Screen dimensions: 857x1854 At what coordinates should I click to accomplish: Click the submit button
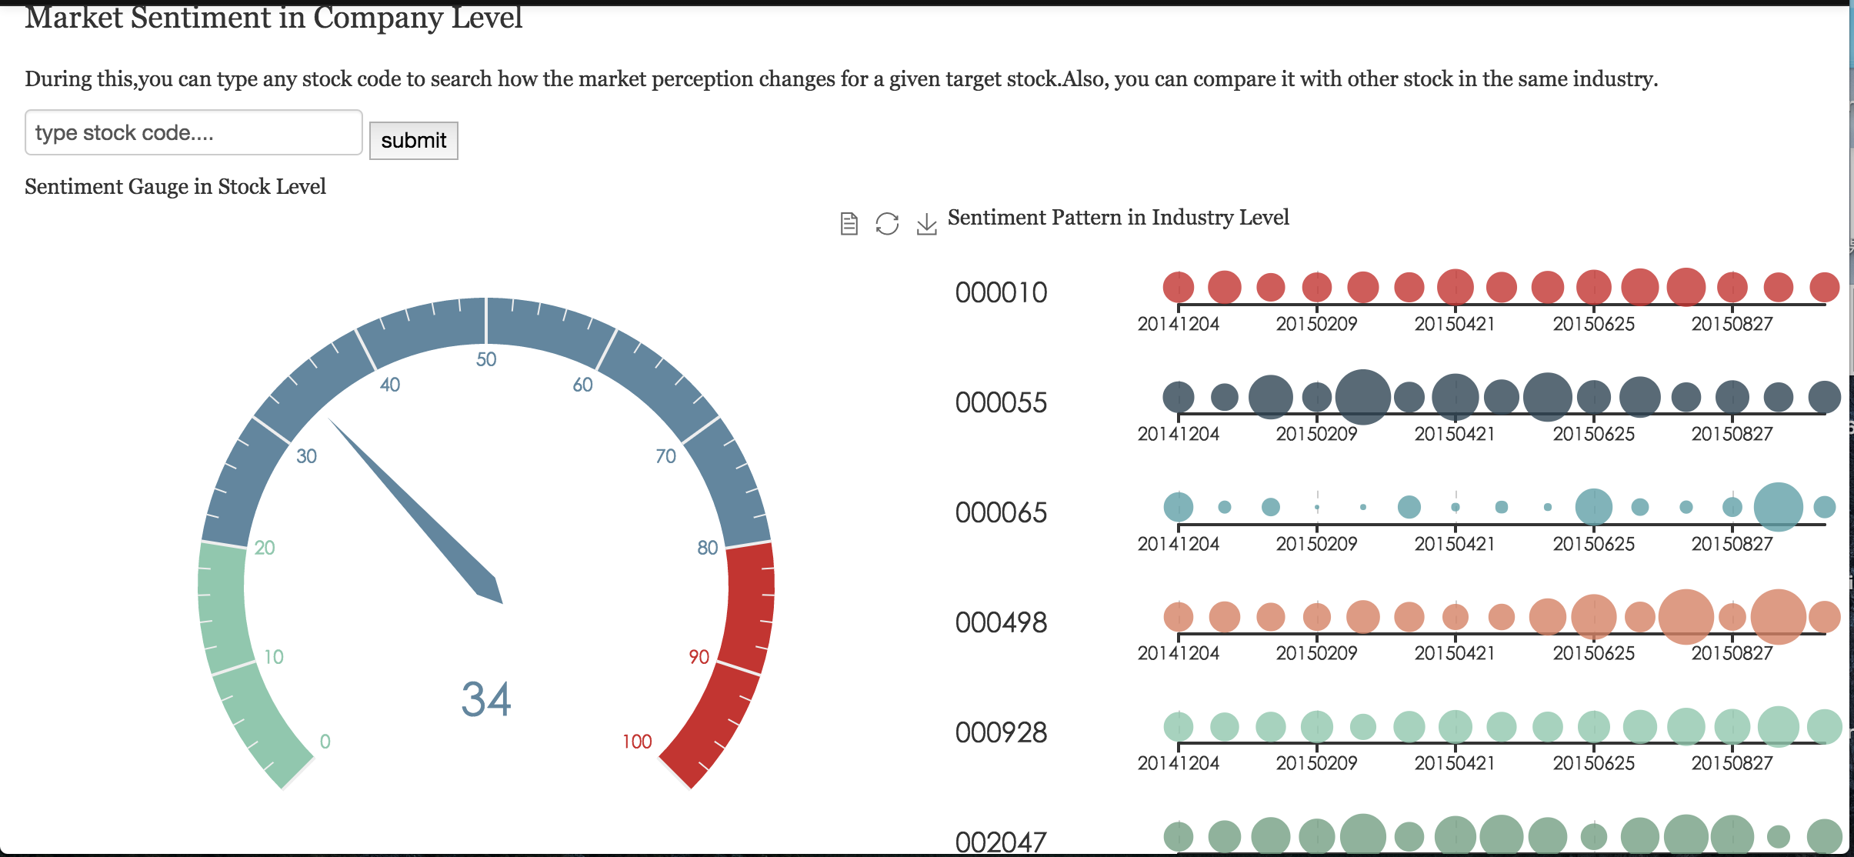pyautogui.click(x=413, y=141)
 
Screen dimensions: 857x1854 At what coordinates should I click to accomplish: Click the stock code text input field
pyautogui.click(x=193, y=132)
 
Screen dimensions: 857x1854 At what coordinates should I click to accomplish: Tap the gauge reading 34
pyautogui.click(x=486, y=699)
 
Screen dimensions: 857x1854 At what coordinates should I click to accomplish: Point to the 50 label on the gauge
pyautogui.click(x=486, y=359)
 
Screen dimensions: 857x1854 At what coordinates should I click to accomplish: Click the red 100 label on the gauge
pyautogui.click(x=637, y=742)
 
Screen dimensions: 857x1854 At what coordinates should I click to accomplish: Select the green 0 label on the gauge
pyautogui.click(x=325, y=742)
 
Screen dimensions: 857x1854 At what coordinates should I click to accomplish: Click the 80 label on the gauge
pyautogui.click(x=707, y=548)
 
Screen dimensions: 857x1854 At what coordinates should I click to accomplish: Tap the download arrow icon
pyautogui.click(x=926, y=224)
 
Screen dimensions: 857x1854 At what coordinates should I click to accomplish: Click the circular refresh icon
pyautogui.click(x=887, y=224)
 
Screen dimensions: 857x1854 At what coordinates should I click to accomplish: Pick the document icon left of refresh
pyautogui.click(x=849, y=224)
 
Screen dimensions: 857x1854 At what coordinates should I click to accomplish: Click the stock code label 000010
pyautogui.click(x=1001, y=293)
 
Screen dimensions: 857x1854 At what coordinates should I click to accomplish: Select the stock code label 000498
pyautogui.click(x=1001, y=623)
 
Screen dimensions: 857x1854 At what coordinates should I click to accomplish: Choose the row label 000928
pyautogui.click(x=1001, y=733)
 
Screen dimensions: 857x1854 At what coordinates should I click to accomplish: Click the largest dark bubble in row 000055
pyautogui.click(x=1362, y=397)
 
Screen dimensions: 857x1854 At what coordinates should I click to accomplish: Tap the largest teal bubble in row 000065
pyautogui.click(x=1778, y=507)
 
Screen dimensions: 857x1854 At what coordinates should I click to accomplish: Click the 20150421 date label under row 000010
pyautogui.click(x=1454, y=324)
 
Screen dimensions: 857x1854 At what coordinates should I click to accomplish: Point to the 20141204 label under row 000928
pyautogui.click(x=1178, y=763)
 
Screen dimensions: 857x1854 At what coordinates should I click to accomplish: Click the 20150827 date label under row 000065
pyautogui.click(x=1732, y=544)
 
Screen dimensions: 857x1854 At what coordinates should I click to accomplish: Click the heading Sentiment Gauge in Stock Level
pyautogui.click(x=175, y=187)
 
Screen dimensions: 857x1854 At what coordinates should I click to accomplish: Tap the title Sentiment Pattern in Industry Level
pyautogui.click(x=1118, y=218)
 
